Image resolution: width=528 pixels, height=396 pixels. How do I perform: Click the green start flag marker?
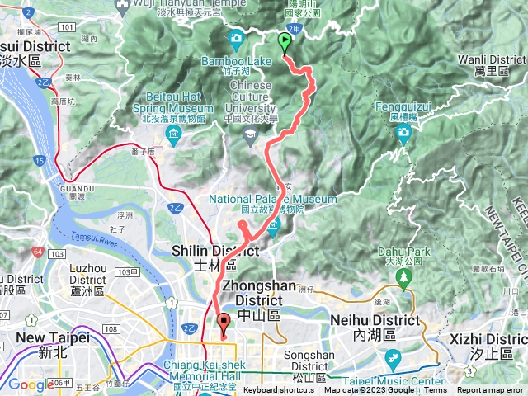[285, 42]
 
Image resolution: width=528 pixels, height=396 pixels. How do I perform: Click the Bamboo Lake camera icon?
[237, 38]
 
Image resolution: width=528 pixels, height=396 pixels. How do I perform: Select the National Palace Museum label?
[272, 199]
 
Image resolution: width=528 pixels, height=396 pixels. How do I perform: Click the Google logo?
[31, 384]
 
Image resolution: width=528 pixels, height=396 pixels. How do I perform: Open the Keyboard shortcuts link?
[277, 390]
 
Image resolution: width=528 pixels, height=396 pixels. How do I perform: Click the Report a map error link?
[491, 390]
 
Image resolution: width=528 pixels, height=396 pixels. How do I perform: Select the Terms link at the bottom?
[435, 390]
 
